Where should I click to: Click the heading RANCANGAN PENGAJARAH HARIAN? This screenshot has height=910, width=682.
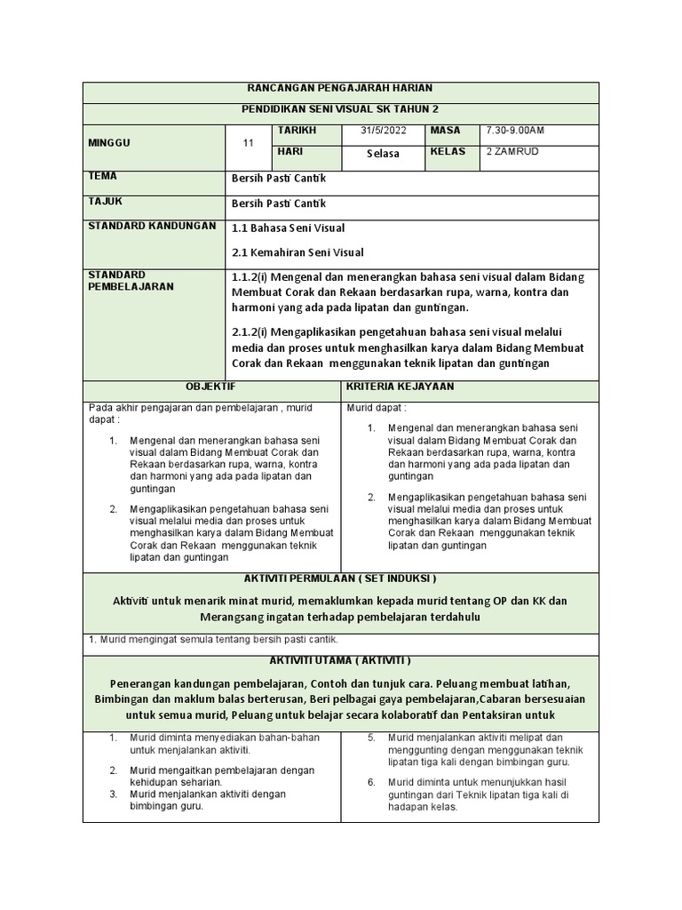point(340,89)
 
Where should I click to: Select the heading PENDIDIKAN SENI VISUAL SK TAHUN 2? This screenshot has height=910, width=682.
point(340,109)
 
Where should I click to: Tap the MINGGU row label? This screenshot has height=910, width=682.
point(108,143)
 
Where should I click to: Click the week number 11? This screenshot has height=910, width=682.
point(249,144)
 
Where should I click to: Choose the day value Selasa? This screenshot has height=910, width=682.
point(383,154)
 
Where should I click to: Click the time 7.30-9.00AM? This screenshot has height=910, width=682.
point(515,131)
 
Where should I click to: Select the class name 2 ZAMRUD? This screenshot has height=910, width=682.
point(512,151)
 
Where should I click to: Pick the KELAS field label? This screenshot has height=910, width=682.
point(448,151)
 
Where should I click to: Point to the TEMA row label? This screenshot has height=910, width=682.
point(102,176)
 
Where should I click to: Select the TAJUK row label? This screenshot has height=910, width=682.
point(105,201)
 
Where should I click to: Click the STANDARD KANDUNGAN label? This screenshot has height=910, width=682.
point(152,226)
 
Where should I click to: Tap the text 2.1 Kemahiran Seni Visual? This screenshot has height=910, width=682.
point(297,252)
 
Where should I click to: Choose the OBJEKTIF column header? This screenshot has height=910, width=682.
point(211,387)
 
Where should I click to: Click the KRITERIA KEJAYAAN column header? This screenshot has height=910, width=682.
point(400,387)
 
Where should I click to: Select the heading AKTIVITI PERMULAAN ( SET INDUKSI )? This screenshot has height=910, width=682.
point(340,579)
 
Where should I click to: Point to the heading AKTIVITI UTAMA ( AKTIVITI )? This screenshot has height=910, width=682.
point(340,661)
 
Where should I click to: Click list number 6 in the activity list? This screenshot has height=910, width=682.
point(372,782)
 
